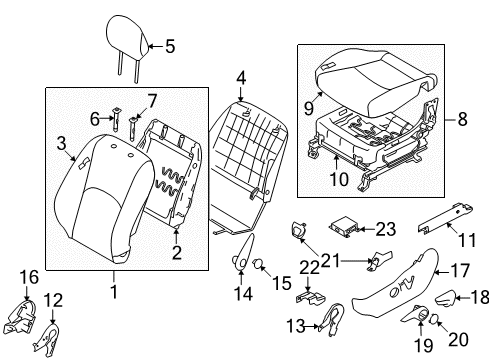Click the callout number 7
tap(153, 99)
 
